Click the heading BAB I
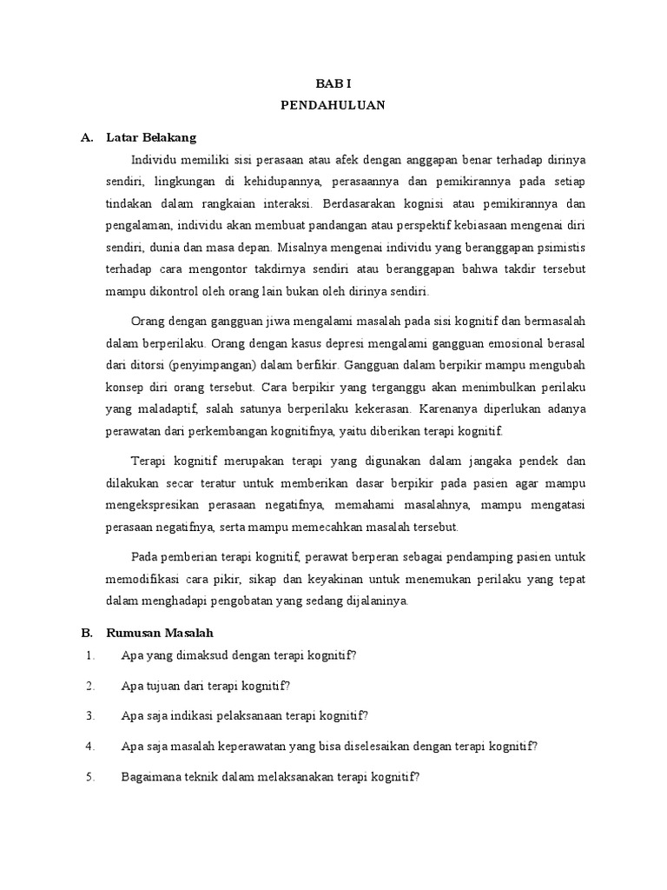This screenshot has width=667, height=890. tap(333, 83)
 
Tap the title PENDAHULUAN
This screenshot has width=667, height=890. tap(333, 105)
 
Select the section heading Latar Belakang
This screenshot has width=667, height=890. tap(151, 137)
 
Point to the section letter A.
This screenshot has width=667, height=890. tap(85, 137)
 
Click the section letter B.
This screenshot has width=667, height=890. tap(85, 632)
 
